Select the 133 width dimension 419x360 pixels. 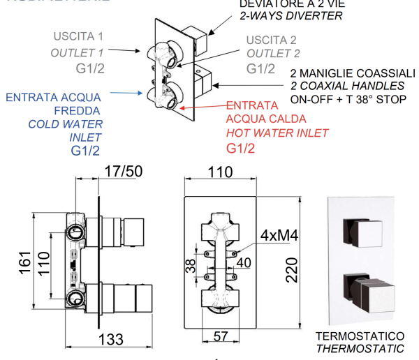[x=110, y=339]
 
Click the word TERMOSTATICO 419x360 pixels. [x=360, y=336]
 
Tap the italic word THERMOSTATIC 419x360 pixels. [x=360, y=348]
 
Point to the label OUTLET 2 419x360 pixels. [x=274, y=52]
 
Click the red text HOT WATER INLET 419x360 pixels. [x=277, y=133]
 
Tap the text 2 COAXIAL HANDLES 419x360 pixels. [x=347, y=86]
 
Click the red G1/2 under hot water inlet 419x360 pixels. [x=241, y=148]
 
